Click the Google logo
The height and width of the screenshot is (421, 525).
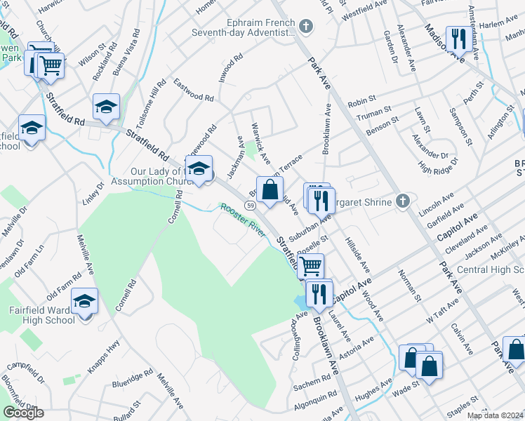(23, 413)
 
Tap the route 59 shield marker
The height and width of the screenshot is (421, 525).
(250, 204)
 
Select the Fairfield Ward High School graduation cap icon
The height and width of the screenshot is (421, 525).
(85, 301)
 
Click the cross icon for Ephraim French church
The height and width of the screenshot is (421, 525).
(305, 27)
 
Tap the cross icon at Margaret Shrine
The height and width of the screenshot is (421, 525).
(401, 201)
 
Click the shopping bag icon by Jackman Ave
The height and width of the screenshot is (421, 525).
(270, 189)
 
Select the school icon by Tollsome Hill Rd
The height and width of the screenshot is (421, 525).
(107, 107)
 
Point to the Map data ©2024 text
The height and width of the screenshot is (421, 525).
(495, 415)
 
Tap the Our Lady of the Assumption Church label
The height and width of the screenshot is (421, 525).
(157, 178)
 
